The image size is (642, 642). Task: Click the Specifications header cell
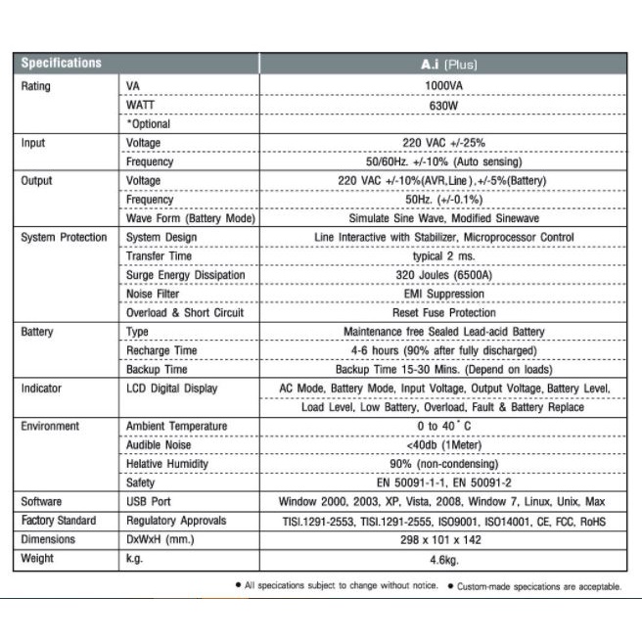[x=62, y=63]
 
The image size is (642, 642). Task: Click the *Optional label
[x=148, y=124]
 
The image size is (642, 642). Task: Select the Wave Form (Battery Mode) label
[x=190, y=218]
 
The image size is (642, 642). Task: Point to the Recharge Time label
[x=161, y=350]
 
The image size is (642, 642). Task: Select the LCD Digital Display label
[x=172, y=389]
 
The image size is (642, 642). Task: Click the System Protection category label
[x=64, y=238]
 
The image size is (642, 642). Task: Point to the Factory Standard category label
[x=59, y=521]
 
